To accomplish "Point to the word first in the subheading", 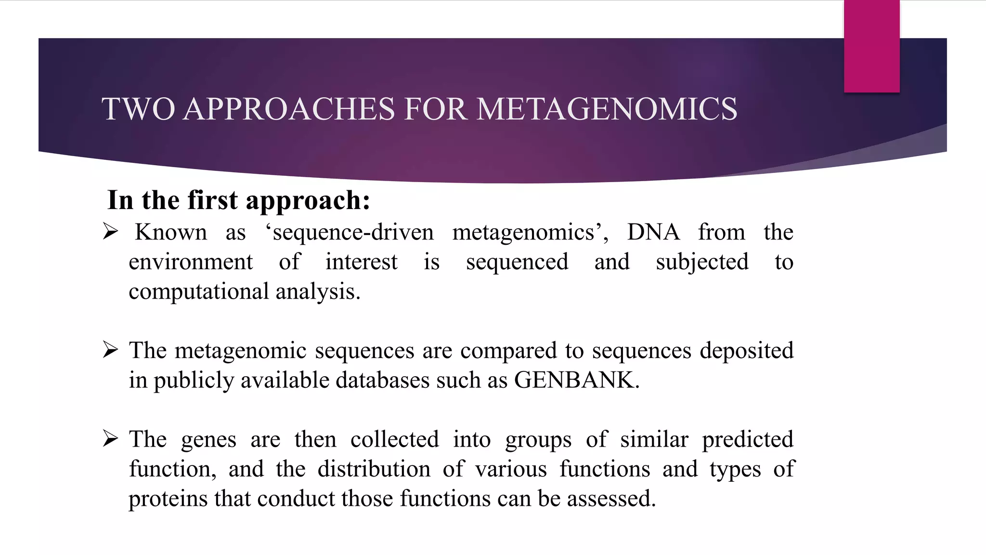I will (212, 200).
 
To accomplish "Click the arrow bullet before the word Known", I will (110, 232).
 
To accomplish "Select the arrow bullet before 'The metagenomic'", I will (110, 350).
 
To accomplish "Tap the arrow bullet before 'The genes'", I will (110, 438).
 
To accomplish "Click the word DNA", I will (653, 232).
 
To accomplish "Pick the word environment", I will (191, 262).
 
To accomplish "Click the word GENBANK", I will (576, 380).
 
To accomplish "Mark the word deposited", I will (746, 351).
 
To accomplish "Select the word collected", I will (395, 439).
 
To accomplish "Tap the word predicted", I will (747, 439).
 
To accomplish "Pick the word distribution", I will (374, 469).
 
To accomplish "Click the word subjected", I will (702, 262).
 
